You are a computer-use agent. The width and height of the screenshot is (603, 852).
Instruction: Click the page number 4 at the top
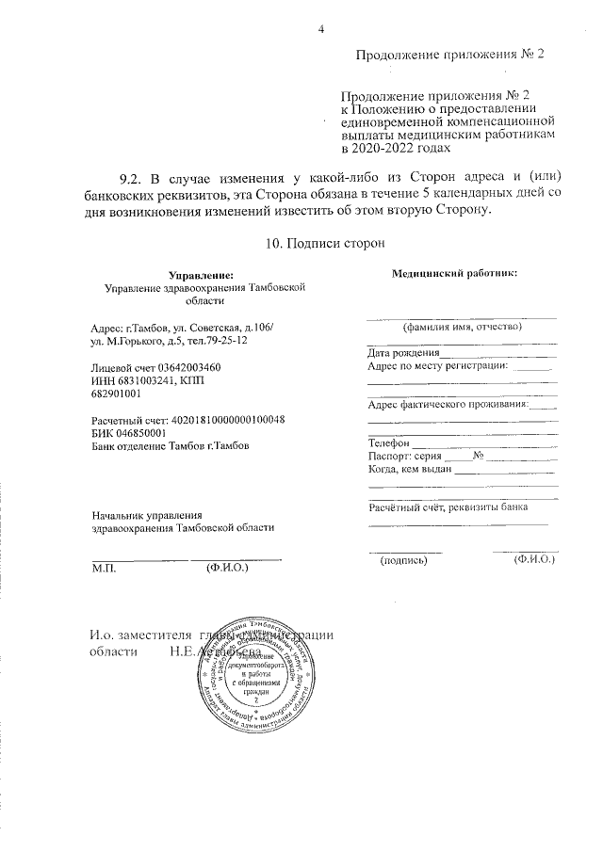click(x=321, y=28)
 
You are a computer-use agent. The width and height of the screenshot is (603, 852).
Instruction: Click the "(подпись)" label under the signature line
click(x=403, y=560)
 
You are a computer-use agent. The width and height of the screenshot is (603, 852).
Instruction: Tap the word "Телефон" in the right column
click(x=388, y=442)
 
